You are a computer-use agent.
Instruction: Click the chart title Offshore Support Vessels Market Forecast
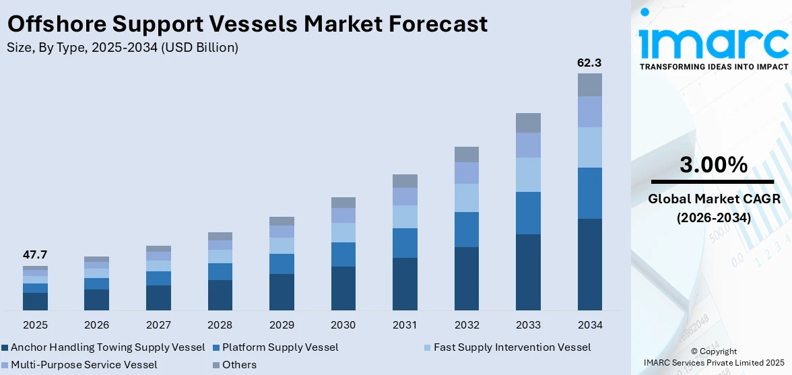coord(246,24)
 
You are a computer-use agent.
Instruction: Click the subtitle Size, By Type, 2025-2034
coord(122,48)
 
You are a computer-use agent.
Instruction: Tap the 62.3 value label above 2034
coord(589,63)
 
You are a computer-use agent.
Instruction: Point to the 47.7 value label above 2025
coord(35,255)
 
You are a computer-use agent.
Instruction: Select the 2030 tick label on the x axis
coord(343,325)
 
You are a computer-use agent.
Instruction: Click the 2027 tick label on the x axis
coord(158,325)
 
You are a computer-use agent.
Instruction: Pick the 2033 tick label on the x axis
coord(528,325)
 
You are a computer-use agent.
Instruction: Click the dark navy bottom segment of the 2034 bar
coord(589,264)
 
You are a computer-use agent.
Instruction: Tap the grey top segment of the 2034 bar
coord(589,85)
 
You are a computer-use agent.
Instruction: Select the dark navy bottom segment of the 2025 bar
coord(35,301)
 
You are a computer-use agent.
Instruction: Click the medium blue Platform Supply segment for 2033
coord(528,213)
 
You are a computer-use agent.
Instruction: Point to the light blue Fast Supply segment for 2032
coord(467,197)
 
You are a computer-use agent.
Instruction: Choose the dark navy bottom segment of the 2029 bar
coord(282,292)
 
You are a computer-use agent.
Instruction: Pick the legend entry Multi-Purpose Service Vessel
coord(84,364)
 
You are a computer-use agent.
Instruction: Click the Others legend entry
coord(239,364)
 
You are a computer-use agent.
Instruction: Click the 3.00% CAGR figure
coord(713,165)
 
